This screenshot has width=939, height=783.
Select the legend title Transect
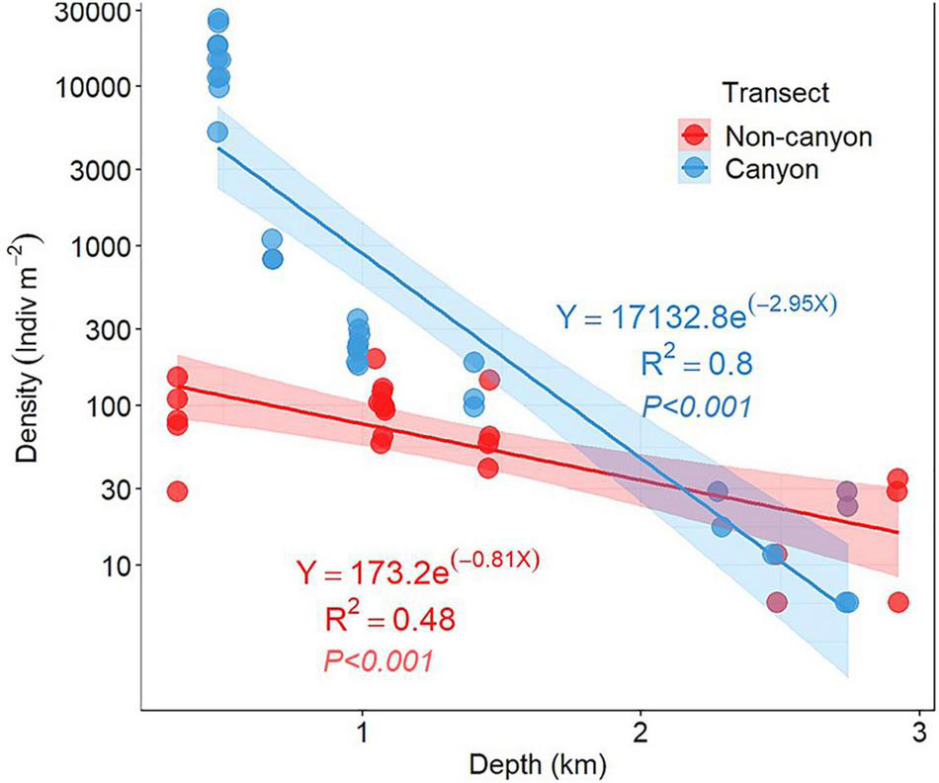tap(775, 93)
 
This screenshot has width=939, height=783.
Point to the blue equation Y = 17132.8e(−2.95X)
tap(696, 315)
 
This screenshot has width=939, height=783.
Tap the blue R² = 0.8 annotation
tap(696, 363)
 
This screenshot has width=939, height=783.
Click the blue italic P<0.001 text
tap(696, 405)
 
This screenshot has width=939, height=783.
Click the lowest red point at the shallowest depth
tap(177, 491)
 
